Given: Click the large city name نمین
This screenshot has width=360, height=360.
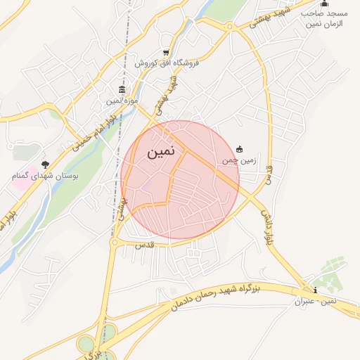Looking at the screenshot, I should point(162,152).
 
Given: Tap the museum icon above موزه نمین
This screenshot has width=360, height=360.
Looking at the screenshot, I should point(122,91).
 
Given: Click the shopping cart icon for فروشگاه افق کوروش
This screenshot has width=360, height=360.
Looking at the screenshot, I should point(166,52).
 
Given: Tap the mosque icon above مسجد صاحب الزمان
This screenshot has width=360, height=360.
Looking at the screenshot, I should point(323,4).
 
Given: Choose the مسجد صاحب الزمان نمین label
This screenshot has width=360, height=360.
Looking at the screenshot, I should point(326,19).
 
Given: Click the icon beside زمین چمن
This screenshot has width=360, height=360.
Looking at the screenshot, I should point(240,148).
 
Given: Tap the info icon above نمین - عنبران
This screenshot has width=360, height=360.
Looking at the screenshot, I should point(315,290).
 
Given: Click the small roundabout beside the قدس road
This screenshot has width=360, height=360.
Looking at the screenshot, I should point(113,243).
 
